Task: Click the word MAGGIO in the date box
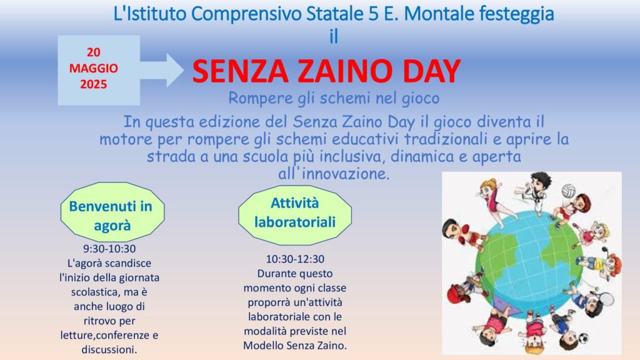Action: pyautogui.click(x=94, y=68)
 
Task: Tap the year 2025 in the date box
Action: pyautogui.click(x=94, y=84)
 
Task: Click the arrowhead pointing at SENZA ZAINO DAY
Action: pyautogui.click(x=175, y=70)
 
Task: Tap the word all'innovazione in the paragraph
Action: pyautogui.click(x=334, y=174)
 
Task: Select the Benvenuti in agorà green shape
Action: pyautogui.click(x=112, y=212)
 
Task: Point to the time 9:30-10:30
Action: pyautogui.click(x=109, y=249)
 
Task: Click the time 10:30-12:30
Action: pyautogui.click(x=295, y=259)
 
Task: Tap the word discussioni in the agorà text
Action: pyautogui.click(x=109, y=350)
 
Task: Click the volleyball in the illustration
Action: pyautogui.click(x=568, y=191)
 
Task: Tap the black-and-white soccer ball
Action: pyautogui.click(x=584, y=338)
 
